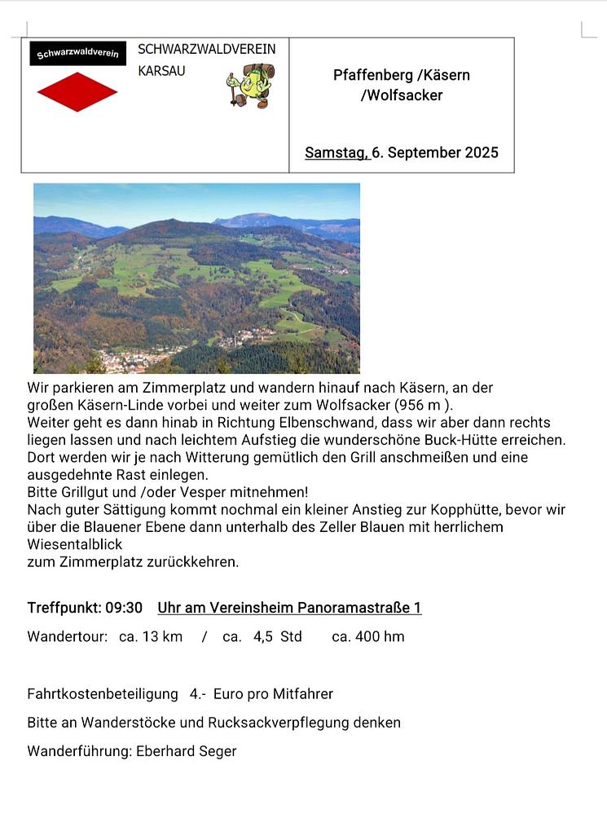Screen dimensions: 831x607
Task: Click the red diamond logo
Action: (77, 92)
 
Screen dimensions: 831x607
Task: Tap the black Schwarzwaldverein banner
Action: (77, 54)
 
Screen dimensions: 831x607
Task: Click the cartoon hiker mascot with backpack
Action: (251, 86)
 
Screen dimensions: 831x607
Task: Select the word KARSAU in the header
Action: (161, 71)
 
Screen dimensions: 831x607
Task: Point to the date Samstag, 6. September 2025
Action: (402, 152)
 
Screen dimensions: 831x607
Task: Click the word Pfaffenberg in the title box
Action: (372, 75)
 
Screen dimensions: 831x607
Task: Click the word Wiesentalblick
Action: (74, 544)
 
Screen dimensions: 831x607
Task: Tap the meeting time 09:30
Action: (124, 608)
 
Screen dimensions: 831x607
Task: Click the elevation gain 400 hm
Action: (379, 636)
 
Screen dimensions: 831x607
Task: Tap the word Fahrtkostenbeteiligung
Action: (103, 694)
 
